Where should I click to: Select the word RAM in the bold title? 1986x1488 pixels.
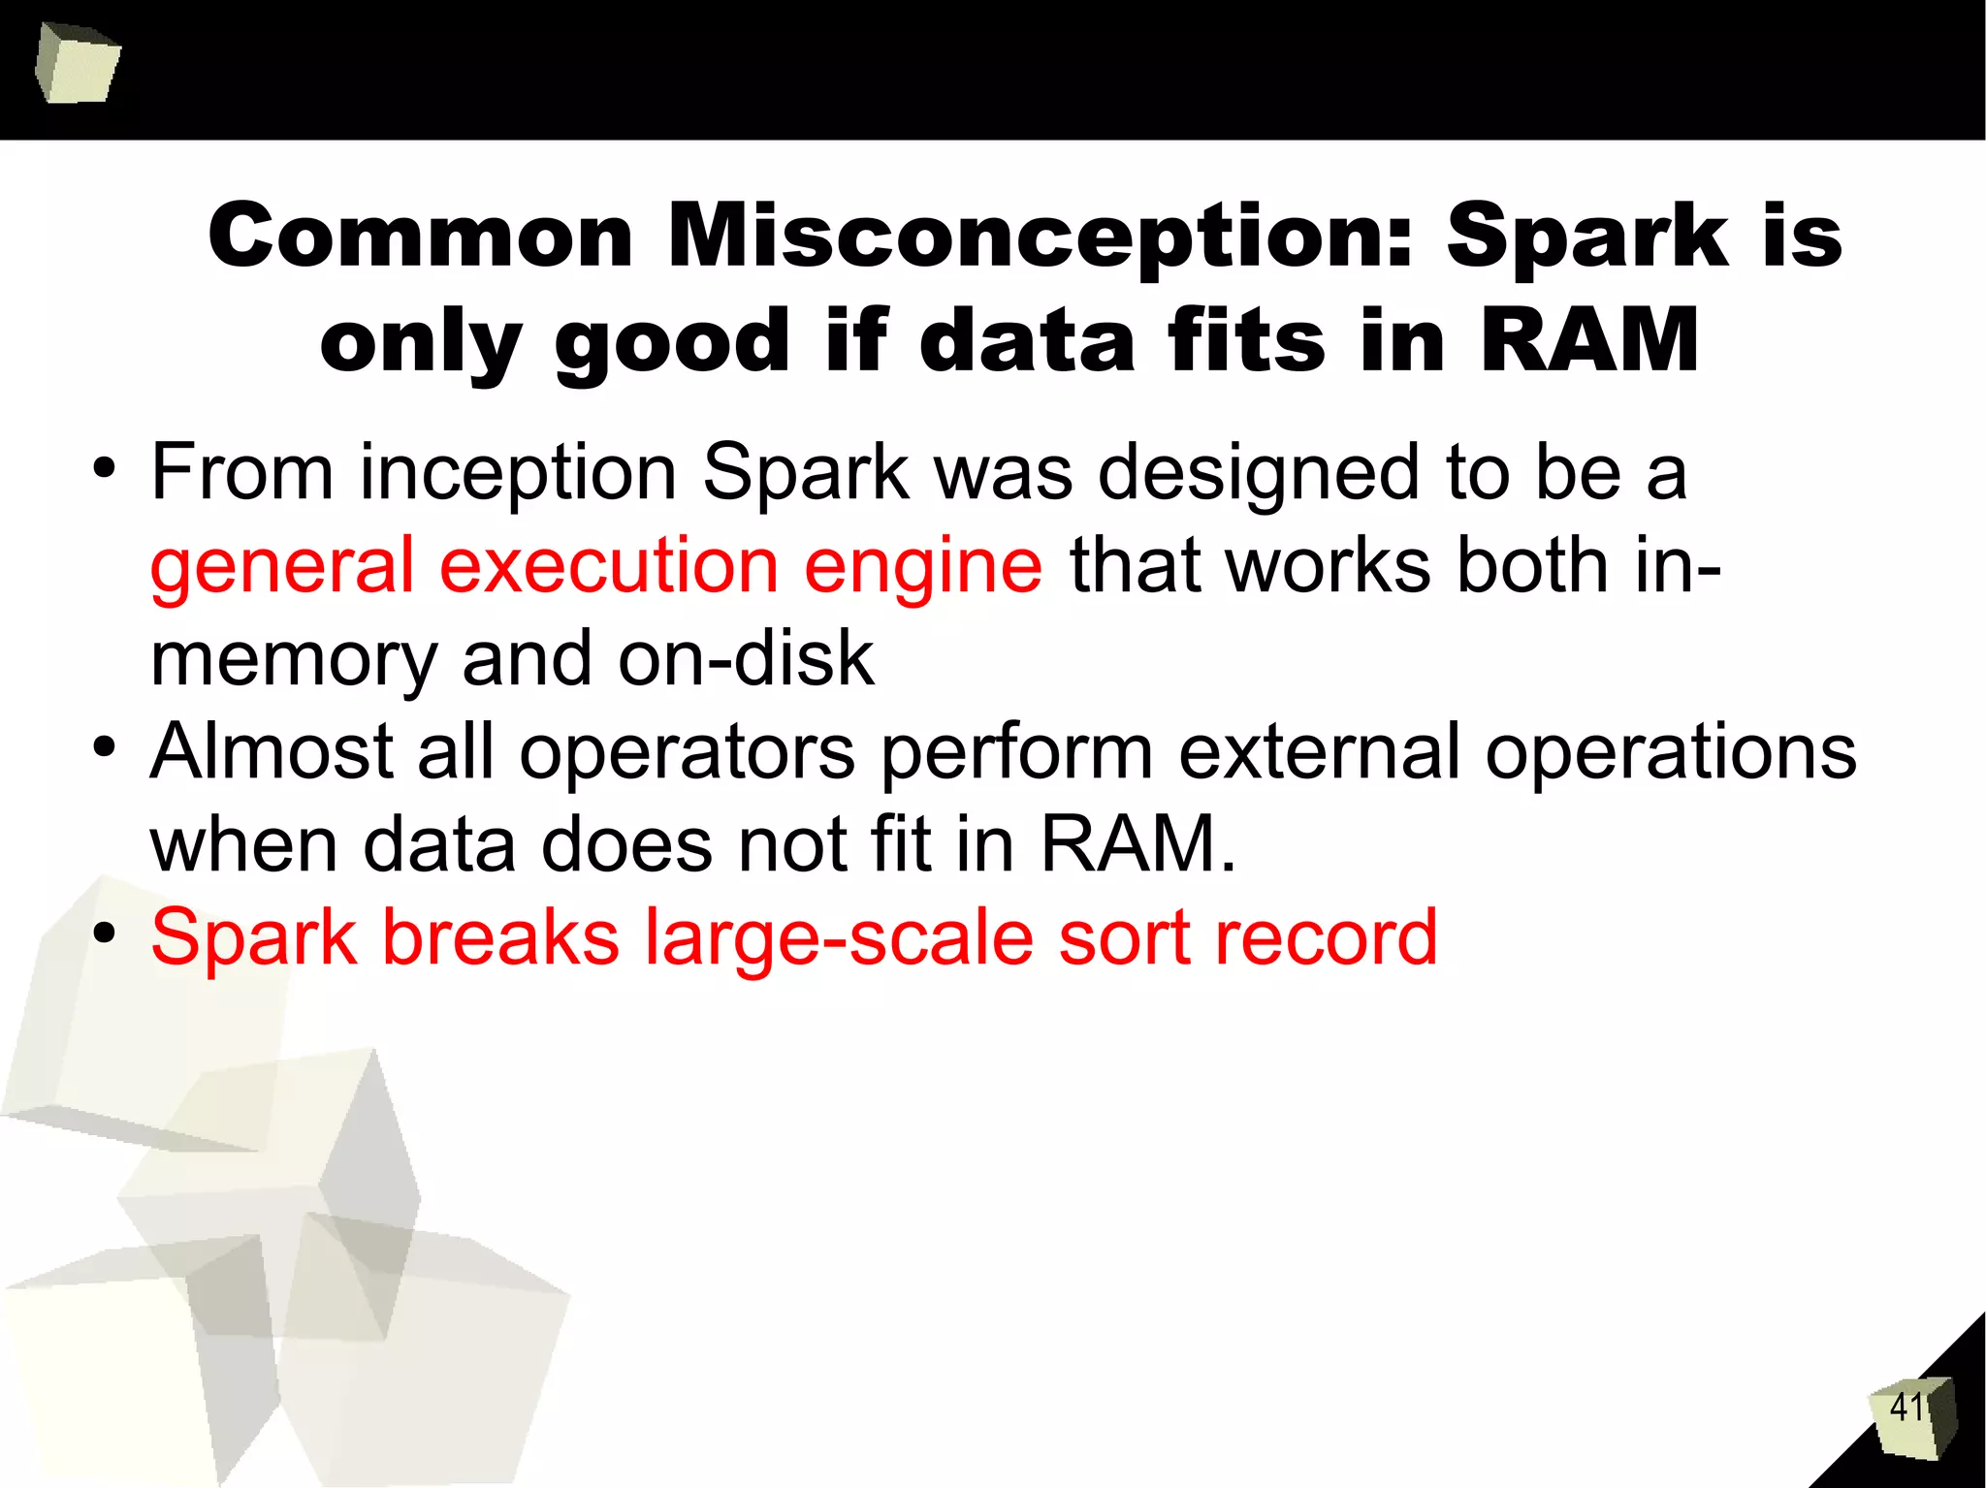1589,340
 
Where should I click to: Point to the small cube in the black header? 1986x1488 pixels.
77,63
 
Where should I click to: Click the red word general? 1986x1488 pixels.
282,566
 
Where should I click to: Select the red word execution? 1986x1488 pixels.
609,566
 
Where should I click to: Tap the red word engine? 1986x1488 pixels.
923,566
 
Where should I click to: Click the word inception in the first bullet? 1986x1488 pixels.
518,473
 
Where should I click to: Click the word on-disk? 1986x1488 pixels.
746,659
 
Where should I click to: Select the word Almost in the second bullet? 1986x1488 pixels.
272,752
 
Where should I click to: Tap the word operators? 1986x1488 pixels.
688,752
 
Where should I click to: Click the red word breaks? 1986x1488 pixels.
500,938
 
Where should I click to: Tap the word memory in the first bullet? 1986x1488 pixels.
295,659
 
